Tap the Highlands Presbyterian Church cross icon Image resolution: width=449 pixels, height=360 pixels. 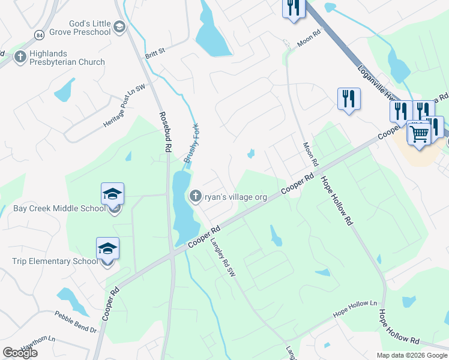tap(20, 57)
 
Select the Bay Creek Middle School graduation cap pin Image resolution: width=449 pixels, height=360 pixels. tap(112, 195)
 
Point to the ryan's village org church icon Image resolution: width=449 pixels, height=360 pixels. tap(195, 196)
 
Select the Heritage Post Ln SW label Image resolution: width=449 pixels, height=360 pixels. tap(124, 106)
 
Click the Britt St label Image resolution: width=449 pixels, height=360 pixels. tap(154, 53)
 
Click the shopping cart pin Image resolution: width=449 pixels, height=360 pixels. tap(419, 134)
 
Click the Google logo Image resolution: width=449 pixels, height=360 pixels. tap(20, 353)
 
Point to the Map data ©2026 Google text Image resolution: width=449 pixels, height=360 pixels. tap(412, 355)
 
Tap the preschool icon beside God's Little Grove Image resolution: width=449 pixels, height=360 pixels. tap(119, 26)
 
